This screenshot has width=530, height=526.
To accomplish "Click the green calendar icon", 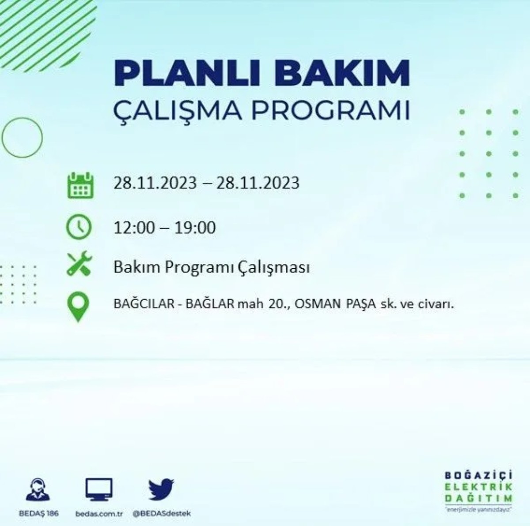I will click(x=80, y=185).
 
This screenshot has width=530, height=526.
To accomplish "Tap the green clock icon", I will click(x=79, y=227).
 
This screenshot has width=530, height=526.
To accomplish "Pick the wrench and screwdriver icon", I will click(x=79, y=264).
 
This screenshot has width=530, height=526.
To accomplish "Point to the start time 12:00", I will click(x=134, y=228).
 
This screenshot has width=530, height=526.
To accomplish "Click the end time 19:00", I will click(x=195, y=228).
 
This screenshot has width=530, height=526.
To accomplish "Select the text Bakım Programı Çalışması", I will click(x=211, y=267).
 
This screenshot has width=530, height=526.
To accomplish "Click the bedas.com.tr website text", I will click(x=98, y=514).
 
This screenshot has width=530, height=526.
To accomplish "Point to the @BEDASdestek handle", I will click(x=162, y=514).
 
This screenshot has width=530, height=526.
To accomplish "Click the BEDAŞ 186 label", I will click(x=39, y=514).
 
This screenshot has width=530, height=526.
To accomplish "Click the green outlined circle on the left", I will click(x=22, y=138).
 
